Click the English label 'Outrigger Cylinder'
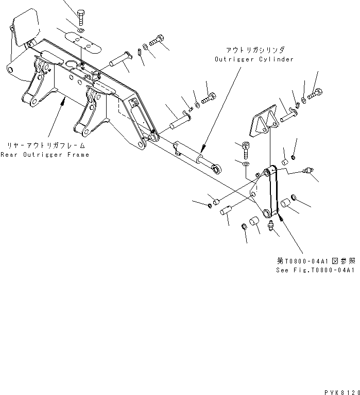click(x=254, y=59)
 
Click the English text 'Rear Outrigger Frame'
click(x=44, y=154)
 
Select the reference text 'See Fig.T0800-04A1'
click(x=315, y=270)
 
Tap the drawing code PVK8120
click(x=341, y=391)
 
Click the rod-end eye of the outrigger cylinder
click(x=218, y=167)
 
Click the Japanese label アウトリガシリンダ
click(x=254, y=50)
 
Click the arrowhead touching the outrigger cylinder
click(x=202, y=149)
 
